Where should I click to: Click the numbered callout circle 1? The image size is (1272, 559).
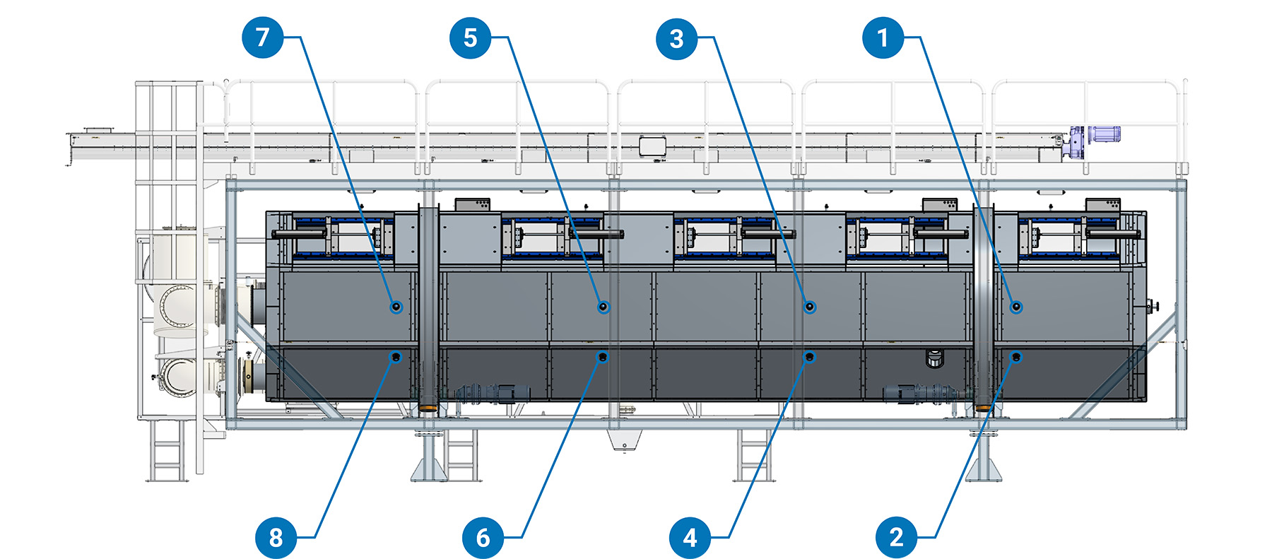tap(883, 37)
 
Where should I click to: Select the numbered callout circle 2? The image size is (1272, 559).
tap(897, 537)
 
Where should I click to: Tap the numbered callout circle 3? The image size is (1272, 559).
tap(677, 38)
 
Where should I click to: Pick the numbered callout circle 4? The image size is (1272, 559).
tap(690, 537)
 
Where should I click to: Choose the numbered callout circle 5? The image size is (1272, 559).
tap(471, 37)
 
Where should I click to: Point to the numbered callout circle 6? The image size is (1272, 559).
tap(483, 537)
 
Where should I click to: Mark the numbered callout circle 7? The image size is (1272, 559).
tap(263, 37)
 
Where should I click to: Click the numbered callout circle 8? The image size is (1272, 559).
tap(276, 537)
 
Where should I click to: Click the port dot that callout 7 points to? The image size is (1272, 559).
tap(396, 307)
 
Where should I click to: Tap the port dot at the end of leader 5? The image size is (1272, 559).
tap(603, 307)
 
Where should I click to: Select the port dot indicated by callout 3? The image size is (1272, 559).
tap(810, 307)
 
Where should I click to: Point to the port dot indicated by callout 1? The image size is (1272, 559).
tap(1016, 307)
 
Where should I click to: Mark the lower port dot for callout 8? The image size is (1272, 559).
tap(396, 357)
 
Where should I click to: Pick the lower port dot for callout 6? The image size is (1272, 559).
tap(602, 357)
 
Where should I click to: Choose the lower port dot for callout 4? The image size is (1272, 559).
tap(810, 357)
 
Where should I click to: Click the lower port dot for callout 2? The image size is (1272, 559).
tap(1016, 357)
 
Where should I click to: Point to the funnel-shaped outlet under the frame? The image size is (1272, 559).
tap(624, 440)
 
